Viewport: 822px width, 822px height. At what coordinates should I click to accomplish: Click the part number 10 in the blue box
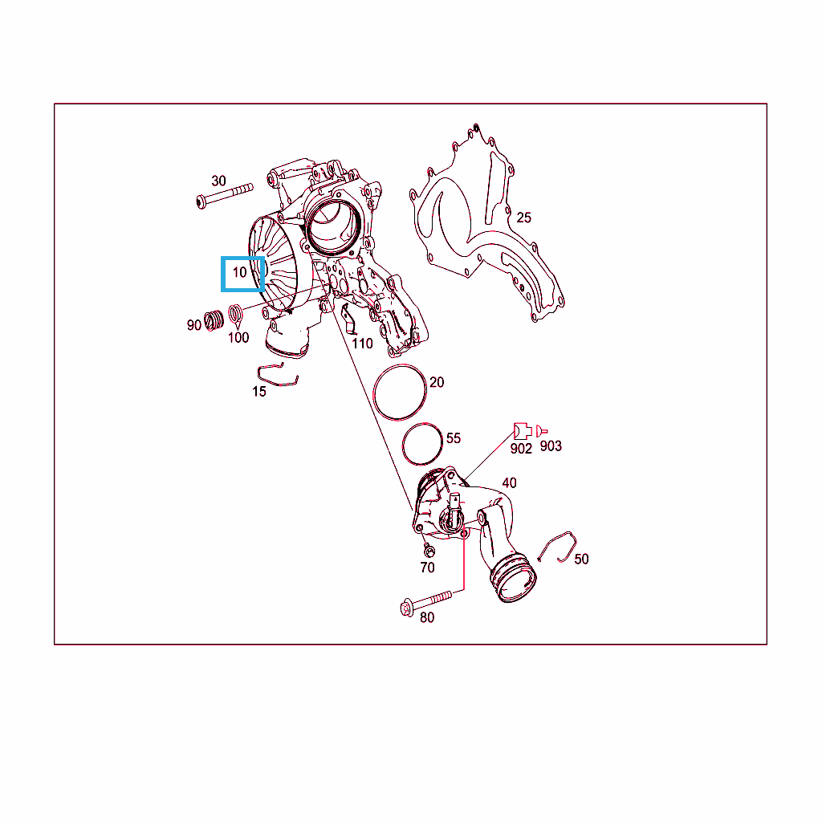pyautogui.click(x=239, y=272)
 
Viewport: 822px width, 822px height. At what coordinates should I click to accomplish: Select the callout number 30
pyautogui.click(x=218, y=181)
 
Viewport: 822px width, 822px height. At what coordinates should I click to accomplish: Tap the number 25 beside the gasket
pyautogui.click(x=523, y=218)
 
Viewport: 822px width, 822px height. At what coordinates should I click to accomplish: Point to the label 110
pyautogui.click(x=362, y=344)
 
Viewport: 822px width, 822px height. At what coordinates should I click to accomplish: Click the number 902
pyautogui.click(x=521, y=449)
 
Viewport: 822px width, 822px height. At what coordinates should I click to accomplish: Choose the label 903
pyautogui.click(x=551, y=446)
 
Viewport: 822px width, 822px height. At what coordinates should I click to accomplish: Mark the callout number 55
pyautogui.click(x=454, y=438)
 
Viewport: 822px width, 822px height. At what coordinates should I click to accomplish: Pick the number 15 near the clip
pyautogui.click(x=259, y=392)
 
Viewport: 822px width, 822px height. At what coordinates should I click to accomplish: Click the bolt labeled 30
pyautogui.click(x=225, y=196)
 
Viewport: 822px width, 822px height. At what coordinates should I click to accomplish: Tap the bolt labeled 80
pyautogui.click(x=425, y=603)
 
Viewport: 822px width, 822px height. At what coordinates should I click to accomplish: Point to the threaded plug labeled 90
pyautogui.click(x=214, y=319)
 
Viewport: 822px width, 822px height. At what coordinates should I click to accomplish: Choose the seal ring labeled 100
pyautogui.click(x=236, y=314)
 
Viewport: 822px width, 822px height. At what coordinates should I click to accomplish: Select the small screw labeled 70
pyautogui.click(x=429, y=551)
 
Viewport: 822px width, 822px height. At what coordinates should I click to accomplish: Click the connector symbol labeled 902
pyautogui.click(x=523, y=431)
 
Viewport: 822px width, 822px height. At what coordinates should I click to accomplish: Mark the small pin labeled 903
pyautogui.click(x=542, y=431)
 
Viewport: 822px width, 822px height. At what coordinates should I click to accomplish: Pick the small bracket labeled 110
pyautogui.click(x=348, y=319)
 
